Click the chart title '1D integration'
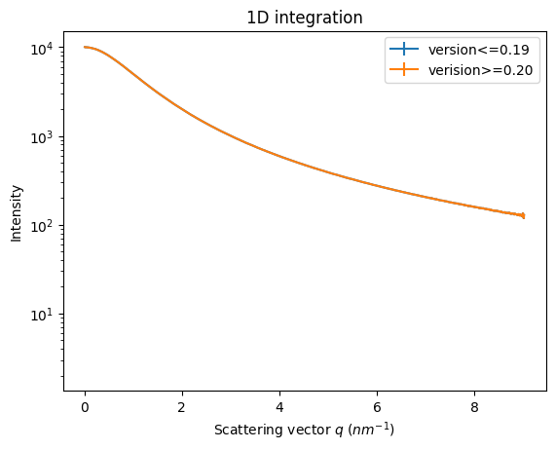tap(304, 18)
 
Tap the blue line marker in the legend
tap(403, 50)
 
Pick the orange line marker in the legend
tap(403, 70)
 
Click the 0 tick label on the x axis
tap(85, 406)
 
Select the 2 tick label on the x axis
tap(182, 406)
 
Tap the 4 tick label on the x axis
tap(279, 406)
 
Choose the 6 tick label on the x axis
tap(377, 406)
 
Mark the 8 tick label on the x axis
tap(474, 406)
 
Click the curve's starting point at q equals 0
tap(86, 47)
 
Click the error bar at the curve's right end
tap(524, 215)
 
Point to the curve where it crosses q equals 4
tap(279, 155)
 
